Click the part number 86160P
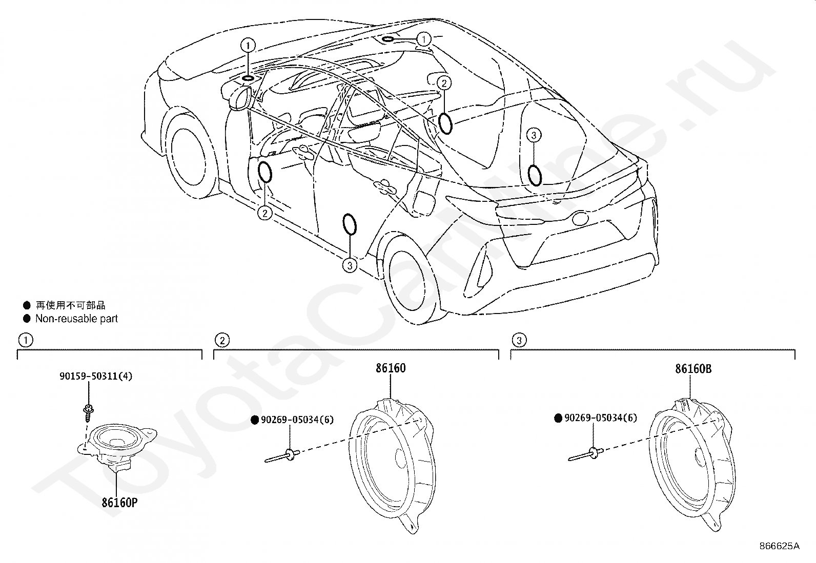(119, 503)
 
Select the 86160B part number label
(693, 369)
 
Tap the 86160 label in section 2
(391, 368)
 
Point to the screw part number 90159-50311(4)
(96, 376)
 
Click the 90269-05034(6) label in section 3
(600, 418)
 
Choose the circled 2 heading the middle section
(222, 340)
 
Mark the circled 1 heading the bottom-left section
(25, 340)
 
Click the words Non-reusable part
(76, 319)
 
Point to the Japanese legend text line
(70, 306)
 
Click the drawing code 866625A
(780, 546)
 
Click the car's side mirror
(238, 98)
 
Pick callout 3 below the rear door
(350, 265)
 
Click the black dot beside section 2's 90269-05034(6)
(255, 420)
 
